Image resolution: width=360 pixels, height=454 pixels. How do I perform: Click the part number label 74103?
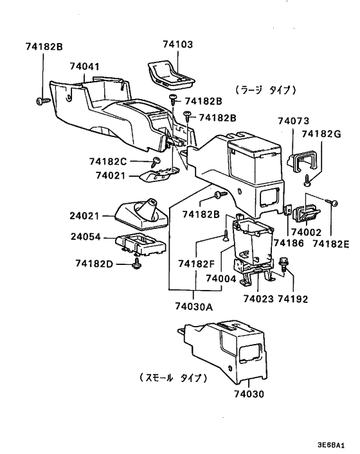pos(178,45)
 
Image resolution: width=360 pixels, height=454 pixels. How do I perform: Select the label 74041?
pos(85,66)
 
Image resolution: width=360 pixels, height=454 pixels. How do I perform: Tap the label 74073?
pos(293,121)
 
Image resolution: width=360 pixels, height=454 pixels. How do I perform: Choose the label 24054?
pos(85,237)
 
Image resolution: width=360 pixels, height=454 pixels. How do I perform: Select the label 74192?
pos(293,299)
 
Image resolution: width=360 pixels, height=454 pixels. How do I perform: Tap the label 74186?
pos(287,244)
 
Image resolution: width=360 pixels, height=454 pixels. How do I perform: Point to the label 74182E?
pos(332,244)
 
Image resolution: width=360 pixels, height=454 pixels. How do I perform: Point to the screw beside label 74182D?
pos(136,264)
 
